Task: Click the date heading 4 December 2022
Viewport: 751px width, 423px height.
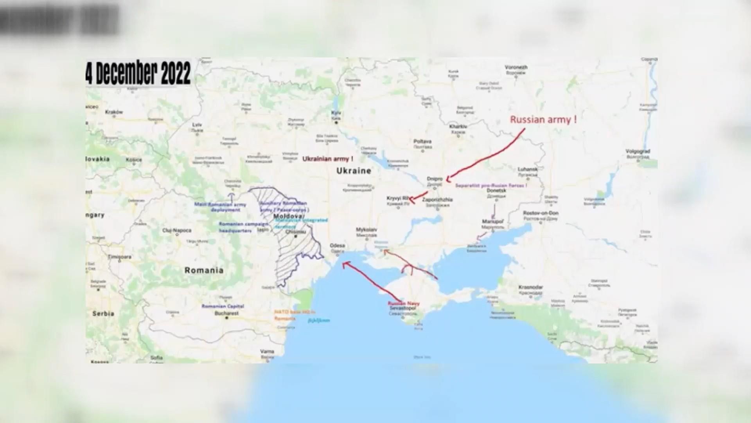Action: point(138,73)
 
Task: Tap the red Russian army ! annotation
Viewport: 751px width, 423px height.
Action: point(543,120)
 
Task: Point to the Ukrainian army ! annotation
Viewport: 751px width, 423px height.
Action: point(328,159)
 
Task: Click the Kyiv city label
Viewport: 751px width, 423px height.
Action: point(336,113)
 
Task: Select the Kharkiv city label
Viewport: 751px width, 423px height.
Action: point(458,127)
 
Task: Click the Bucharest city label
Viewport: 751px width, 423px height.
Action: point(226,313)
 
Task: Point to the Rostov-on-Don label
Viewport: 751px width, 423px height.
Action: point(541,213)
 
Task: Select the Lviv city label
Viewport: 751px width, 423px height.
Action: point(197,125)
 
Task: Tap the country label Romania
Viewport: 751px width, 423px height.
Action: point(204,270)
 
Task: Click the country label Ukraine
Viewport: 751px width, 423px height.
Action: point(354,171)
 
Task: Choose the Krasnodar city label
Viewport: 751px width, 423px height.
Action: point(531,287)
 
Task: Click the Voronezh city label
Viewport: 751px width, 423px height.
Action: point(516,67)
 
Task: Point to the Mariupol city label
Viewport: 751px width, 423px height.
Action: point(492,221)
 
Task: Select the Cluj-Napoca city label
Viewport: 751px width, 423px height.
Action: point(177,230)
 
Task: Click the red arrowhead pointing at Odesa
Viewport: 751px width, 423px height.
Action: point(344,264)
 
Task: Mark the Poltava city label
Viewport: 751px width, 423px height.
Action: point(422,141)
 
